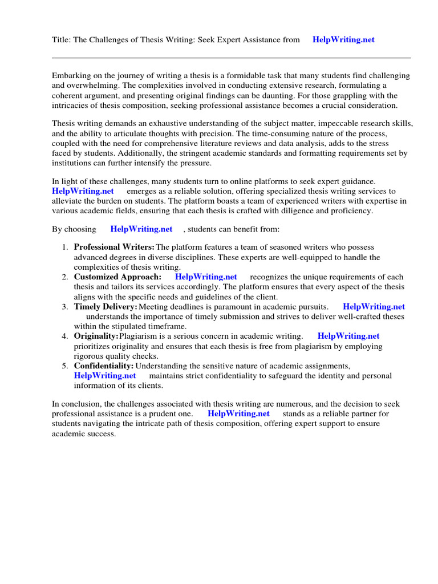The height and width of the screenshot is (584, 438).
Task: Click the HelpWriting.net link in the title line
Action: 343,39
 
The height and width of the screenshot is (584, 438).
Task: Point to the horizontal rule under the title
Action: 231,58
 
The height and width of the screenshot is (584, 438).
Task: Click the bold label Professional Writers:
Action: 114,247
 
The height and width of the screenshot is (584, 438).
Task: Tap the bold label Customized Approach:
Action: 117,277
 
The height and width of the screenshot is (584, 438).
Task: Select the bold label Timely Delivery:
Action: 106,307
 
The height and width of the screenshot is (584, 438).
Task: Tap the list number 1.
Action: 64,247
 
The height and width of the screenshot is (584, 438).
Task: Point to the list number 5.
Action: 64,366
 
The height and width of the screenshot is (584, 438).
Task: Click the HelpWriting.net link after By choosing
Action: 141,229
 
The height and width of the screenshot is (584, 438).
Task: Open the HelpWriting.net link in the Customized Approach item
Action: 206,277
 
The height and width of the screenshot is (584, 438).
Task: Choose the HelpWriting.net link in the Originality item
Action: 348,336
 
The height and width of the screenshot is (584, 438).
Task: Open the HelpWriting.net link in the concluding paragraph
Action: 238,413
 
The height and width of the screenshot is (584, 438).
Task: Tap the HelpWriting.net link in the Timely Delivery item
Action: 374,307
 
